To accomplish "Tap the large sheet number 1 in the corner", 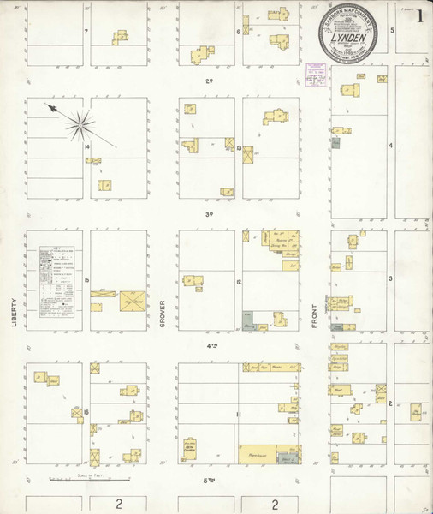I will tap(420, 15).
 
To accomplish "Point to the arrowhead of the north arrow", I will tap(50, 107).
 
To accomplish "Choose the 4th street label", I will tap(210, 347).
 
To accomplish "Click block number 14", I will tap(87, 146).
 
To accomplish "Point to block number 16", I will tap(87, 412).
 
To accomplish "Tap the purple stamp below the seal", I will tap(319, 75).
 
